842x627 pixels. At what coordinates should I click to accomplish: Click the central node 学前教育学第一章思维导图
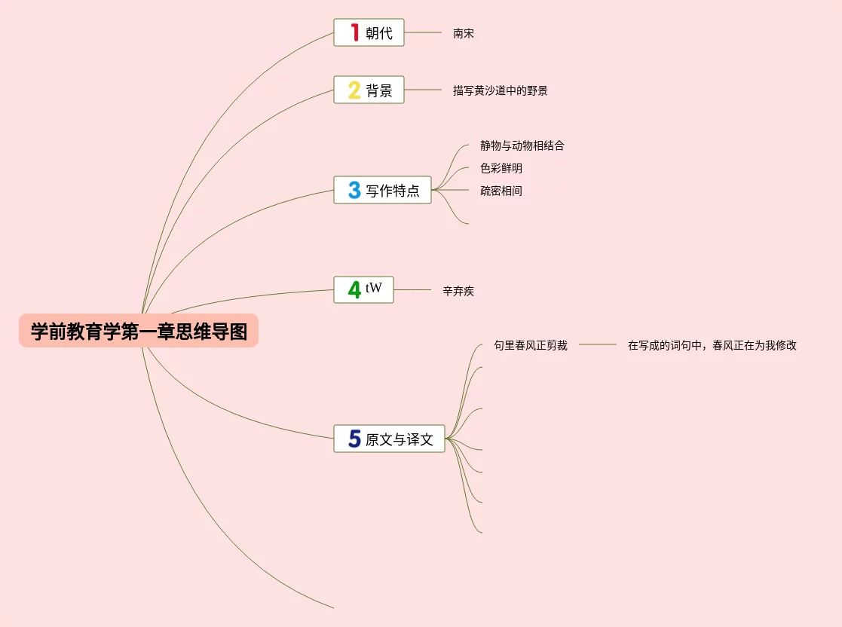pyautogui.click(x=139, y=332)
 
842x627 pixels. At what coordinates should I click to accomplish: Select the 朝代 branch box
pyautogui.click(x=369, y=32)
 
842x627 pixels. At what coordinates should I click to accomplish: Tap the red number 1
pyautogui.click(x=354, y=32)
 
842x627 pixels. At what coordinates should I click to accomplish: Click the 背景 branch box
pyautogui.click(x=369, y=90)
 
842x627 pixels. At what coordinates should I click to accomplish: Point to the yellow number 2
pyautogui.click(x=354, y=90)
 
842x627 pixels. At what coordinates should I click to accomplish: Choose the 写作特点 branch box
pyautogui.click(x=382, y=190)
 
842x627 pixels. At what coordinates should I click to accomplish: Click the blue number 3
pyautogui.click(x=354, y=190)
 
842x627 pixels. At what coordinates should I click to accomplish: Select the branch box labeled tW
pyautogui.click(x=363, y=289)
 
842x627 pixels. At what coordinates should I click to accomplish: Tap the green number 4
pyautogui.click(x=354, y=289)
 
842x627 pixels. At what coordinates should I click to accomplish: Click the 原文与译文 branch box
pyautogui.click(x=389, y=439)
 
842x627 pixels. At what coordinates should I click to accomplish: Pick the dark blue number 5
pyautogui.click(x=354, y=439)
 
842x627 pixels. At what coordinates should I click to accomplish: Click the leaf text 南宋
pyautogui.click(x=464, y=34)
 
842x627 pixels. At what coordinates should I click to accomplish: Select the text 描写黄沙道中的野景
pyautogui.click(x=500, y=91)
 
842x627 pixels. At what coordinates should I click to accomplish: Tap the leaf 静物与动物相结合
pyautogui.click(x=522, y=145)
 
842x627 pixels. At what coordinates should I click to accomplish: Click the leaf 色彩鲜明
pyautogui.click(x=501, y=168)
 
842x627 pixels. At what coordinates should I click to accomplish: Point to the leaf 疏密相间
pyautogui.click(x=501, y=191)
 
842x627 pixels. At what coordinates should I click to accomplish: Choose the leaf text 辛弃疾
pyautogui.click(x=458, y=291)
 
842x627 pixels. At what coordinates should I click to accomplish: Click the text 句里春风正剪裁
pyautogui.click(x=530, y=345)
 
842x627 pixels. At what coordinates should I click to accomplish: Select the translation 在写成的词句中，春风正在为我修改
pyautogui.click(x=712, y=346)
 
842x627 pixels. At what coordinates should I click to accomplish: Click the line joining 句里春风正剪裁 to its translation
pyautogui.click(x=598, y=344)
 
